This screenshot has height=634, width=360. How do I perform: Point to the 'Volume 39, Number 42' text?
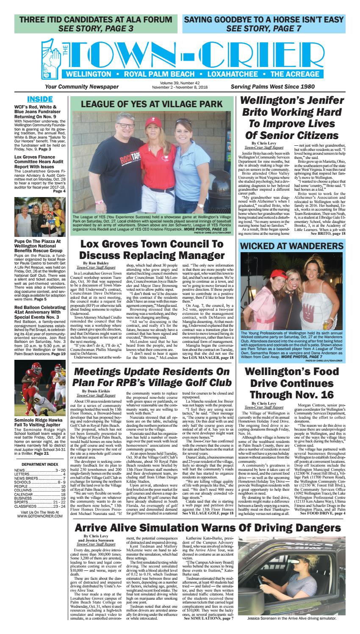(x=180, y=83)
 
